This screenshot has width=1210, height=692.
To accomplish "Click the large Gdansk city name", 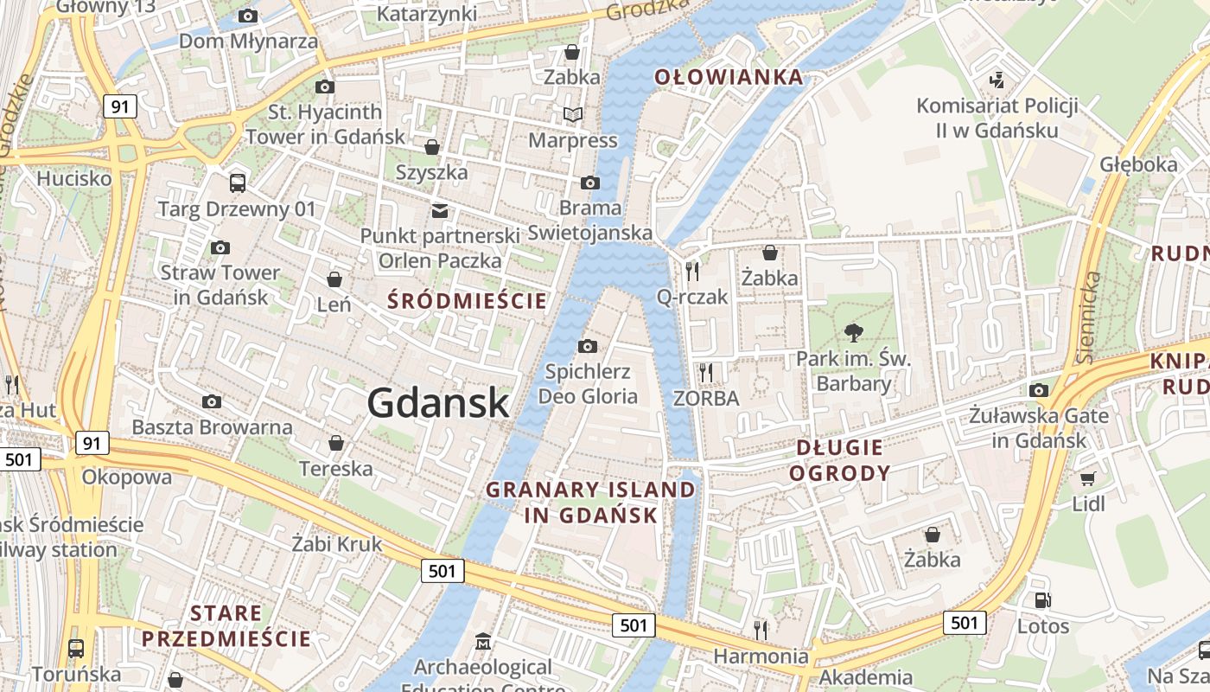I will (438, 403).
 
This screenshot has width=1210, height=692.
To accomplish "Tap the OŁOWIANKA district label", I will (729, 77).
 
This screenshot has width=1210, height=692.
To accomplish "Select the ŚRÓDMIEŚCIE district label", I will (467, 301).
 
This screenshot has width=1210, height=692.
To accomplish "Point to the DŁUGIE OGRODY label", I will (839, 460).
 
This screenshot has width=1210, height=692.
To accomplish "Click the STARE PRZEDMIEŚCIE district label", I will (226, 626).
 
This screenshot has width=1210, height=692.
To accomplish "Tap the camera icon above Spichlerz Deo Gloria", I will (588, 347).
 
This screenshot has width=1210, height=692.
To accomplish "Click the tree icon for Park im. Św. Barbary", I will (854, 333).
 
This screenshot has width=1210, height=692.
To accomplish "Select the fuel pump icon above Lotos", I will (1042, 600).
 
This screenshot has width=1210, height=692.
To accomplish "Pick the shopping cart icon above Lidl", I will (1088, 478).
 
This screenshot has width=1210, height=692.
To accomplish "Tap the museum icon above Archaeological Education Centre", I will (482, 642).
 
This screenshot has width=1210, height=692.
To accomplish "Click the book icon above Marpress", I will (572, 114).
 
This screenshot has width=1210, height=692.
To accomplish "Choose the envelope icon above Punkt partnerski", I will (440, 210).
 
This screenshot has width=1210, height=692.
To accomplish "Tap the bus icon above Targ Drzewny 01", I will (237, 183).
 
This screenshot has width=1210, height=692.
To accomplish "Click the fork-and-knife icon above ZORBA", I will (706, 373).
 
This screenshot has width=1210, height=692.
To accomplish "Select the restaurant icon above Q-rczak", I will (692, 272).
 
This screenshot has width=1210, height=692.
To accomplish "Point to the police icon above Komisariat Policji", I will (997, 80).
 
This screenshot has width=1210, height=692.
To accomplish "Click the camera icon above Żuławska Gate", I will (1039, 390).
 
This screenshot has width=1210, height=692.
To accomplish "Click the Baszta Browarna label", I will (212, 427).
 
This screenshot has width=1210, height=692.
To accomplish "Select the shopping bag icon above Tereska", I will (336, 444).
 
